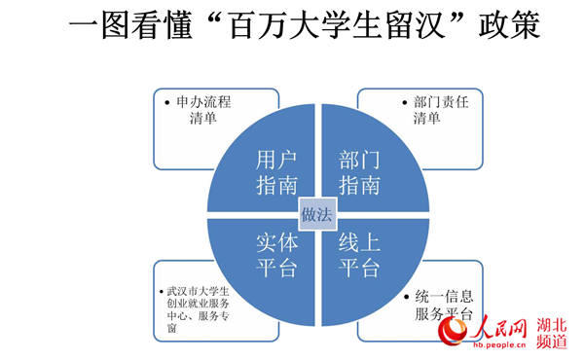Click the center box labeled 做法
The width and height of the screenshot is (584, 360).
317,214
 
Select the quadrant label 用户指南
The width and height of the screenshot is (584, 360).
276,172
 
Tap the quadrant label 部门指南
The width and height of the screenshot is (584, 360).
359,172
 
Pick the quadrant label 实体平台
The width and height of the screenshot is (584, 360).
276,255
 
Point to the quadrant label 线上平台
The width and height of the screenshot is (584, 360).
359,255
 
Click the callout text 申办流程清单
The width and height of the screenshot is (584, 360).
203,110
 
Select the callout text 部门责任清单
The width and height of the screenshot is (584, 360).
441,110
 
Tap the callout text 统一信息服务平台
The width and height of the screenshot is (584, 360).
444,306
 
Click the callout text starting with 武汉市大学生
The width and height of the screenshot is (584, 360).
198,309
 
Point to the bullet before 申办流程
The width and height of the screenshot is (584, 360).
167,102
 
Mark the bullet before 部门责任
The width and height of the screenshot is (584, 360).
405,102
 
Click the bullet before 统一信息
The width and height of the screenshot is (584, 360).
406,297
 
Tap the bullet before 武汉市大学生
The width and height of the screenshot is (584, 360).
162,292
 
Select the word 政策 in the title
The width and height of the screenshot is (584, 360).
509,25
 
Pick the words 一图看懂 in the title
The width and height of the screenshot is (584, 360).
130,25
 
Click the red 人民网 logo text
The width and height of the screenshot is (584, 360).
498,328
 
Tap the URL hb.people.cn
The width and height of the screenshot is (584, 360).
499,344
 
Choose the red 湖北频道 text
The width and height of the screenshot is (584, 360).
552,333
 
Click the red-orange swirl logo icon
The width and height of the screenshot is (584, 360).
453,330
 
